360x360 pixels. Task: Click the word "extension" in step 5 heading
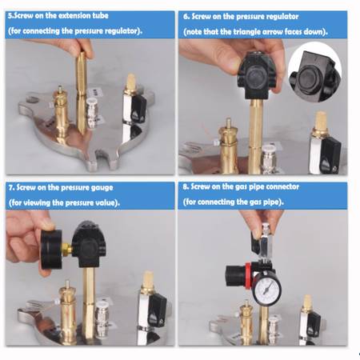[x=74, y=15]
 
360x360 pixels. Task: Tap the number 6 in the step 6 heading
[x=186, y=17]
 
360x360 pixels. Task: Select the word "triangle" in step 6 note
[x=247, y=32]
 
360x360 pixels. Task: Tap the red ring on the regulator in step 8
[x=248, y=276]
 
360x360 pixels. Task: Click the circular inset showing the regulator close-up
[x=315, y=72]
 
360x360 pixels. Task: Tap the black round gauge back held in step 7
[x=51, y=249]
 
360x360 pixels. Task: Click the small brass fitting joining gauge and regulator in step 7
[x=67, y=249]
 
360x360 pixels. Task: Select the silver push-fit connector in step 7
[x=102, y=318]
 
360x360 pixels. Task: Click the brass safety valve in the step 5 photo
[x=61, y=114]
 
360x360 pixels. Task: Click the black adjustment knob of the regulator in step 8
[x=235, y=276]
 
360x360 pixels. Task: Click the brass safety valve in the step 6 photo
[x=228, y=146]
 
